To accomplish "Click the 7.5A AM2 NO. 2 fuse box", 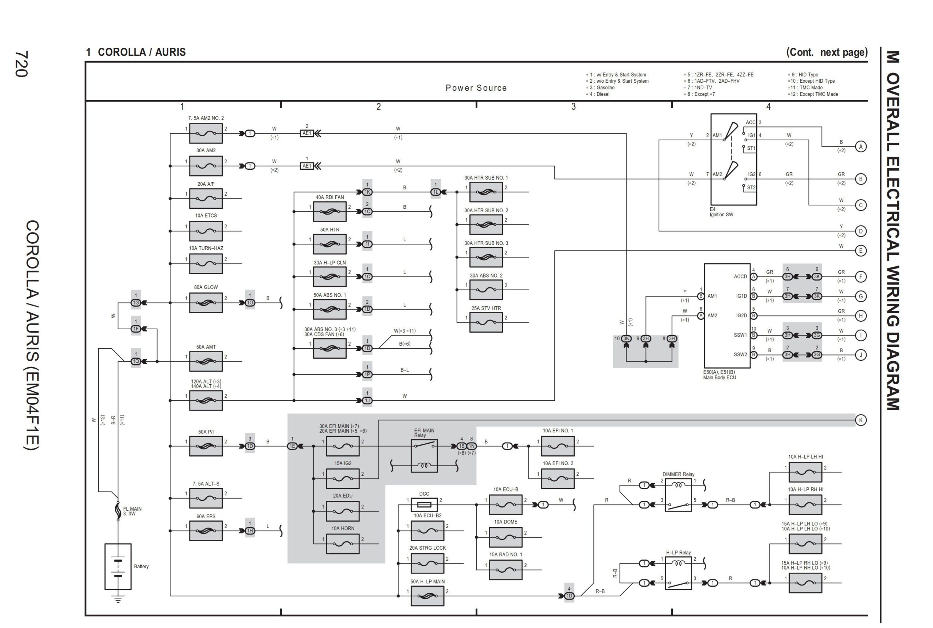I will [x=206, y=133].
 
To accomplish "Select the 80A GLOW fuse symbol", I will [x=206, y=303].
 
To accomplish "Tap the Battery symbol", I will [x=118, y=566].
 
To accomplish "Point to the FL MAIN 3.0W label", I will [x=132, y=511].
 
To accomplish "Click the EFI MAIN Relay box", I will [x=424, y=456].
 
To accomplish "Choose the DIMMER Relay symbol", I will [x=678, y=495].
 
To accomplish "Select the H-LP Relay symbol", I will [x=678, y=573].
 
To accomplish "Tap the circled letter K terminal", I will [x=860, y=420].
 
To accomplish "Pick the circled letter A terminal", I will [x=860, y=146].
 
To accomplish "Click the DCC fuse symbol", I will [x=424, y=505].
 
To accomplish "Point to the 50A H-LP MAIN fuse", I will [x=427, y=596].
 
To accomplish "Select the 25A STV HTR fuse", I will [x=485, y=322].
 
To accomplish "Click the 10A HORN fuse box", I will [x=343, y=544].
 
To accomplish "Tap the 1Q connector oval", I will [x=136, y=361].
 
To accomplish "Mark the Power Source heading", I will [x=476, y=88].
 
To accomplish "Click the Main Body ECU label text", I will [x=719, y=377].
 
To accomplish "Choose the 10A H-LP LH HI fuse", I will [x=805, y=472].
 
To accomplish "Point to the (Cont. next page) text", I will [x=827, y=52].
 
